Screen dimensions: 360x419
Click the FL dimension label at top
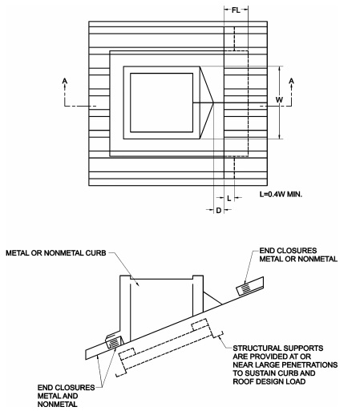pyautogui.click(x=236, y=10)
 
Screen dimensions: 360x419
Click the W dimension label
pyautogui.click(x=279, y=99)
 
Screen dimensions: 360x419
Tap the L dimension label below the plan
pyautogui.click(x=229, y=198)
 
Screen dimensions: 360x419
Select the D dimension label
pyautogui.click(x=219, y=211)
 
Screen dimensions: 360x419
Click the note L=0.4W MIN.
pyautogui.click(x=281, y=194)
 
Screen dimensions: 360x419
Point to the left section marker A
pyautogui.click(x=65, y=80)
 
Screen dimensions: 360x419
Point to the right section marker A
pyautogui.click(x=292, y=80)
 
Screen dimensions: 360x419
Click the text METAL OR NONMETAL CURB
pyautogui.click(x=56, y=253)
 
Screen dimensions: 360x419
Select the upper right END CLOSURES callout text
pyautogui.click(x=298, y=255)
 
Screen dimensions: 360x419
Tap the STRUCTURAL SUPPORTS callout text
pyautogui.click(x=285, y=365)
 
